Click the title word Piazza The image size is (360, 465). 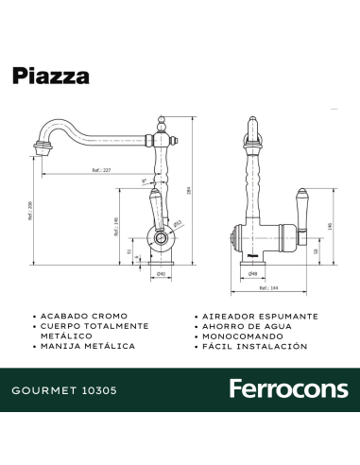point(51,76)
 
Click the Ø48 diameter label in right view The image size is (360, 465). point(253,274)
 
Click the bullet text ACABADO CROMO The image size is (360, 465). point(82,315)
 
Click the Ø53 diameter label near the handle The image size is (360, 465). point(178,224)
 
